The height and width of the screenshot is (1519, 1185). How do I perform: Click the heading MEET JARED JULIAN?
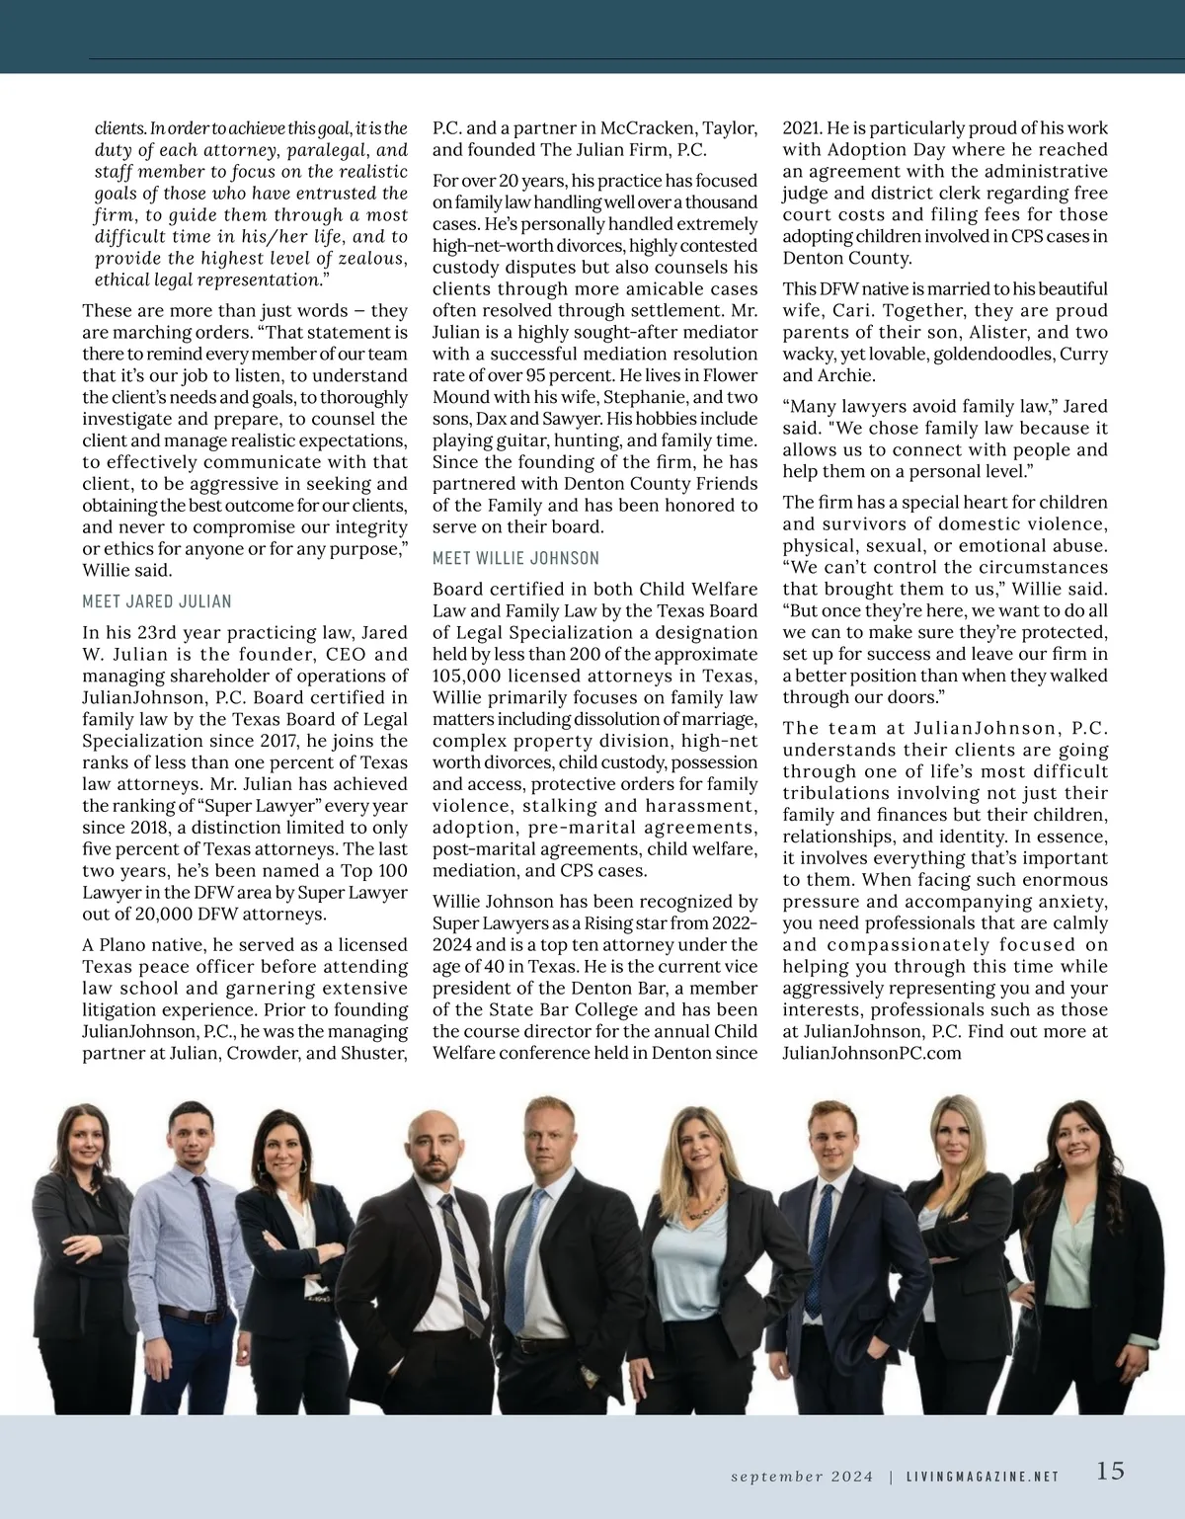pos(157,601)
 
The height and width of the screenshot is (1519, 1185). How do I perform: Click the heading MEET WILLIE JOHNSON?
pos(515,558)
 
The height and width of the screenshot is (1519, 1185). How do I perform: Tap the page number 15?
pos(1110,1471)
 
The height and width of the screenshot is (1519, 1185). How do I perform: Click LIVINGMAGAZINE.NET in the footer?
pos(983,1477)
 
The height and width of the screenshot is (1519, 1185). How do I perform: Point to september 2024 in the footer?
pos(802,1477)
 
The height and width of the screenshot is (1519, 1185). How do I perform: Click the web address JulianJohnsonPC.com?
pos(872,1053)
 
